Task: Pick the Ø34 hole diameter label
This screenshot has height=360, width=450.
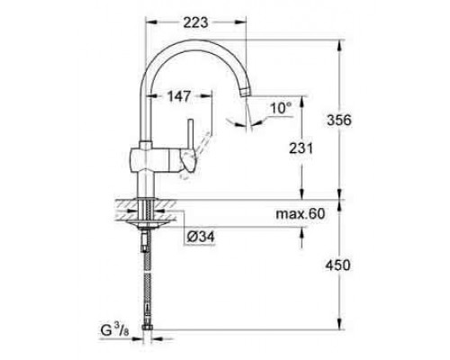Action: [201, 237]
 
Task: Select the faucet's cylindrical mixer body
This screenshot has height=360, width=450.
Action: [145, 161]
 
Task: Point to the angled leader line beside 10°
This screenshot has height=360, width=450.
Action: [260, 118]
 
